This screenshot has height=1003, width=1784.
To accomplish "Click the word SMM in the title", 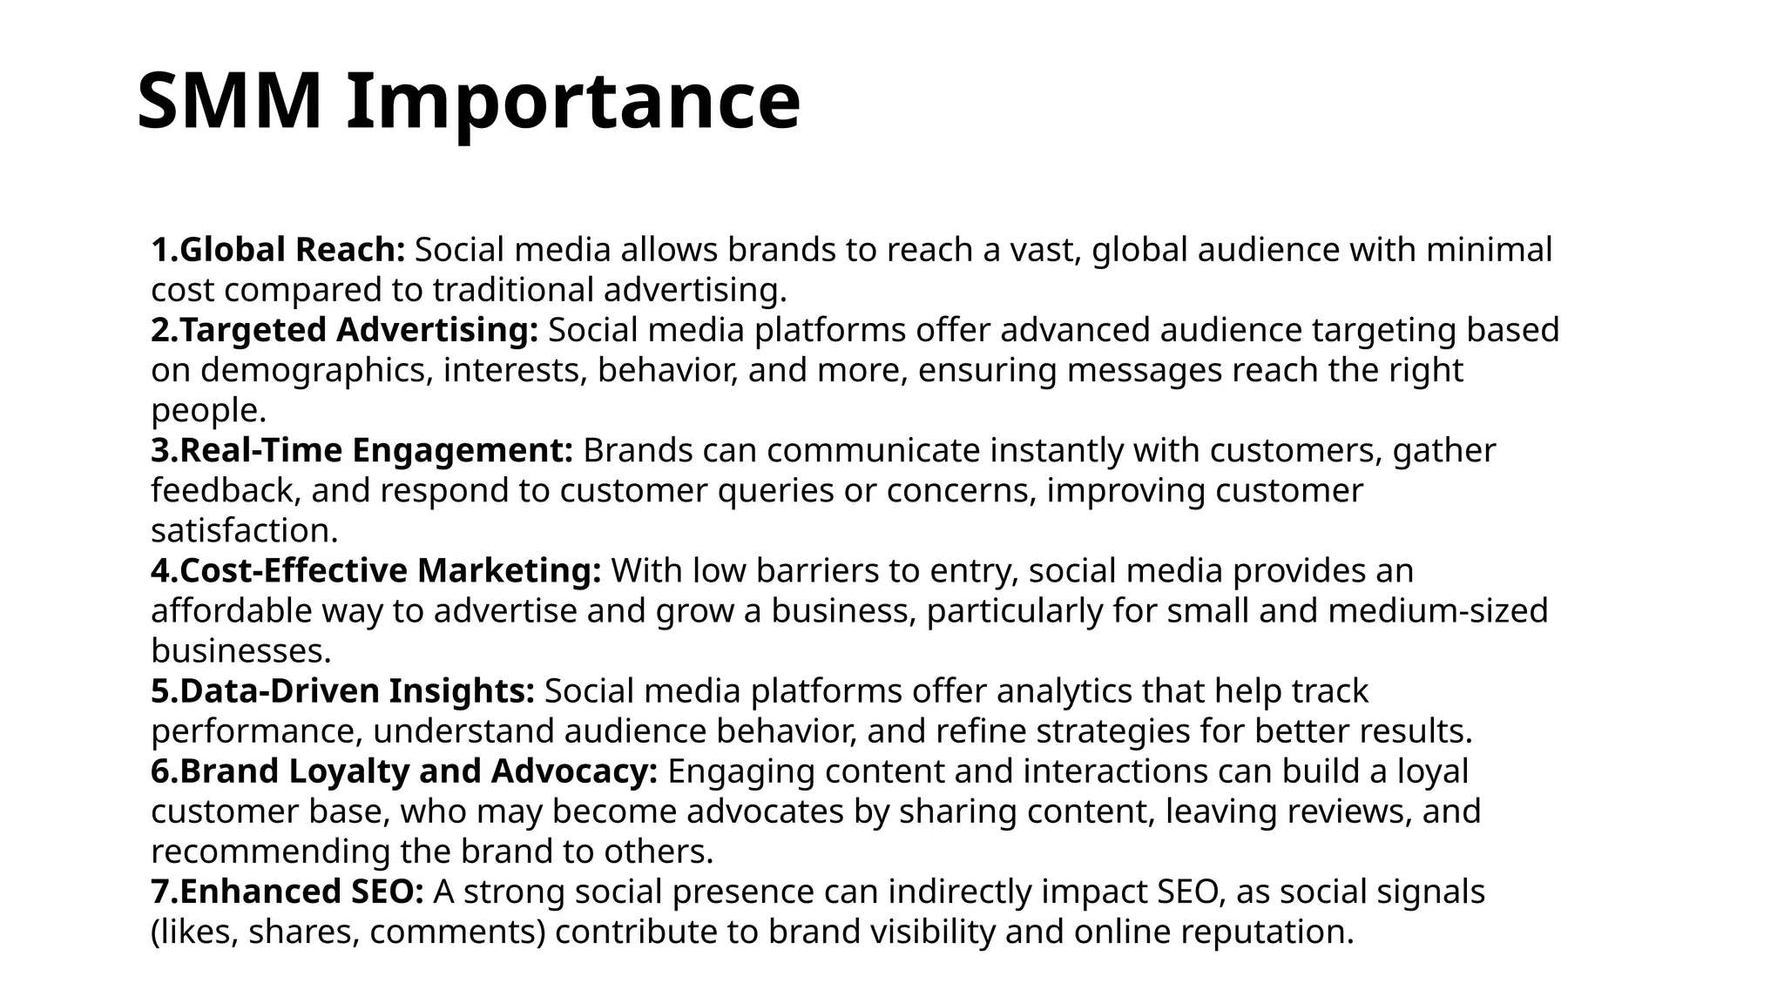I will coord(229,102).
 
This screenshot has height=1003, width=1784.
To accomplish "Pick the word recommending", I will coord(270,851).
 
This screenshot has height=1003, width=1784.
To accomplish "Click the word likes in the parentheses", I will coord(199,932).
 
